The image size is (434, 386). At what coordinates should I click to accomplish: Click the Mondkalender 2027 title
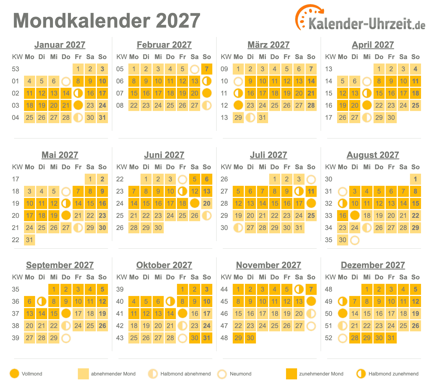point(107,21)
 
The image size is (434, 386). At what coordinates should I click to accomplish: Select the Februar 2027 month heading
point(164,45)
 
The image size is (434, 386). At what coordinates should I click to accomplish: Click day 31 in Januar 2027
point(102,118)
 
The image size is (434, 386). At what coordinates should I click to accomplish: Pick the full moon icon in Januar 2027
point(78,105)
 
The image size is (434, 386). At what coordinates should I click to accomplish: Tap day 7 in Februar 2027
point(207,69)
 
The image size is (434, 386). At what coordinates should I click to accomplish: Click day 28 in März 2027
point(311,105)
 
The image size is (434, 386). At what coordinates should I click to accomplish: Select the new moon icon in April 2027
point(367,81)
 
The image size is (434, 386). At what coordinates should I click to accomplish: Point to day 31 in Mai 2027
point(30,240)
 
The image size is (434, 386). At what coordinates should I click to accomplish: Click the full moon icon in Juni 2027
point(195,203)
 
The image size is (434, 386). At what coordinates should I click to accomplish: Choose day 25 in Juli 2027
point(311,216)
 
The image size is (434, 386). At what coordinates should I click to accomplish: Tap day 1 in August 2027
point(416,179)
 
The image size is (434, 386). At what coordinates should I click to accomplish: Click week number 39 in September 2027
point(15,338)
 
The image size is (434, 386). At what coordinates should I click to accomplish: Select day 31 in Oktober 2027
point(207,338)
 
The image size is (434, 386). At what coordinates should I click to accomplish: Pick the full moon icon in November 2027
point(311,302)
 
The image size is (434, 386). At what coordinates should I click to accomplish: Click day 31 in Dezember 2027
point(391,338)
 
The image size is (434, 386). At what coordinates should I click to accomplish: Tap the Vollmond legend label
point(32,374)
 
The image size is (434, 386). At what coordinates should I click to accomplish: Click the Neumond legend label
point(240,374)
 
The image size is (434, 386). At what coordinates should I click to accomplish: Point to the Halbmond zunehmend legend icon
point(361,374)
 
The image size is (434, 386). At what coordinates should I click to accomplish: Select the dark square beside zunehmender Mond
point(291,374)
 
